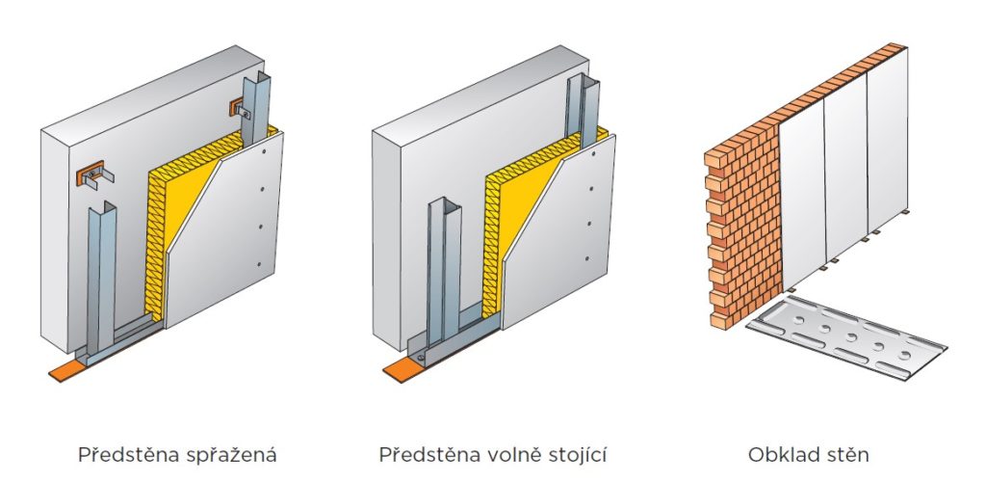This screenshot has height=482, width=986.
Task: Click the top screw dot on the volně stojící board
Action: (590, 154)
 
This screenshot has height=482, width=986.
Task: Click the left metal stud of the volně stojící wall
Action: (436, 270)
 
